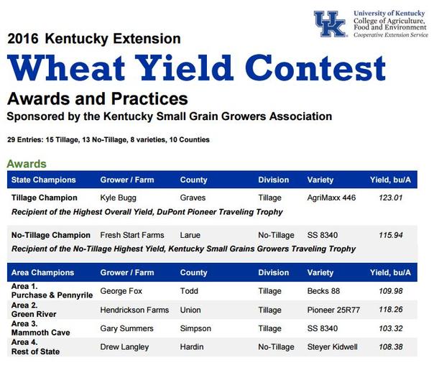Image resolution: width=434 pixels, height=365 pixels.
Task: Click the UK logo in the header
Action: click(331, 24)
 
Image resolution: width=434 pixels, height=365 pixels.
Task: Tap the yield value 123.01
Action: click(391, 198)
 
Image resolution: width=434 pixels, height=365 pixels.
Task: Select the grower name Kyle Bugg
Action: click(118, 198)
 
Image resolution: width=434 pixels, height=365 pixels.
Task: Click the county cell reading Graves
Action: click(193, 198)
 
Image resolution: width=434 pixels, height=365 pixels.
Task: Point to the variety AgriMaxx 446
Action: click(331, 198)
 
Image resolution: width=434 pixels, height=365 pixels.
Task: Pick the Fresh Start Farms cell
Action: click(132, 235)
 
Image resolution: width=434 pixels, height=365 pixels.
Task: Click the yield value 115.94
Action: click(391, 235)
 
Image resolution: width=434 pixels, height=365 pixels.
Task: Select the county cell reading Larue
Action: click(190, 235)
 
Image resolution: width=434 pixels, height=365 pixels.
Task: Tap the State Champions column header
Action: click(43, 180)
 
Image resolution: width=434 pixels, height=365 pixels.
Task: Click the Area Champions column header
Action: click(42, 272)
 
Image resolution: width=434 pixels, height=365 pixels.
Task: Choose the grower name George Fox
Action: click(121, 291)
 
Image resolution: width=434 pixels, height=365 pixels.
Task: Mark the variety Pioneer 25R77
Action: click(333, 310)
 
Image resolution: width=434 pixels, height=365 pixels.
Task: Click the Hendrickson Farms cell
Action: click(134, 310)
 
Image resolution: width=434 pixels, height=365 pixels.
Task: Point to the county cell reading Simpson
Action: click(195, 329)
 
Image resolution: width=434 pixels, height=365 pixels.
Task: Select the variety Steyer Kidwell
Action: click(332, 347)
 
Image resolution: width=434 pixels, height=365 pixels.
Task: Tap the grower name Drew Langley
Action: click(124, 347)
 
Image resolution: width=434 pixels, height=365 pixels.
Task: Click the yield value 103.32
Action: click(391, 328)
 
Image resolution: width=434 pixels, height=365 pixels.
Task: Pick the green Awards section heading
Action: click(27, 164)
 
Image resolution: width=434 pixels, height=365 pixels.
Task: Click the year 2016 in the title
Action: click(23, 39)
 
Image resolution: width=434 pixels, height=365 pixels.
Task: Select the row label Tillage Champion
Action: click(45, 198)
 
